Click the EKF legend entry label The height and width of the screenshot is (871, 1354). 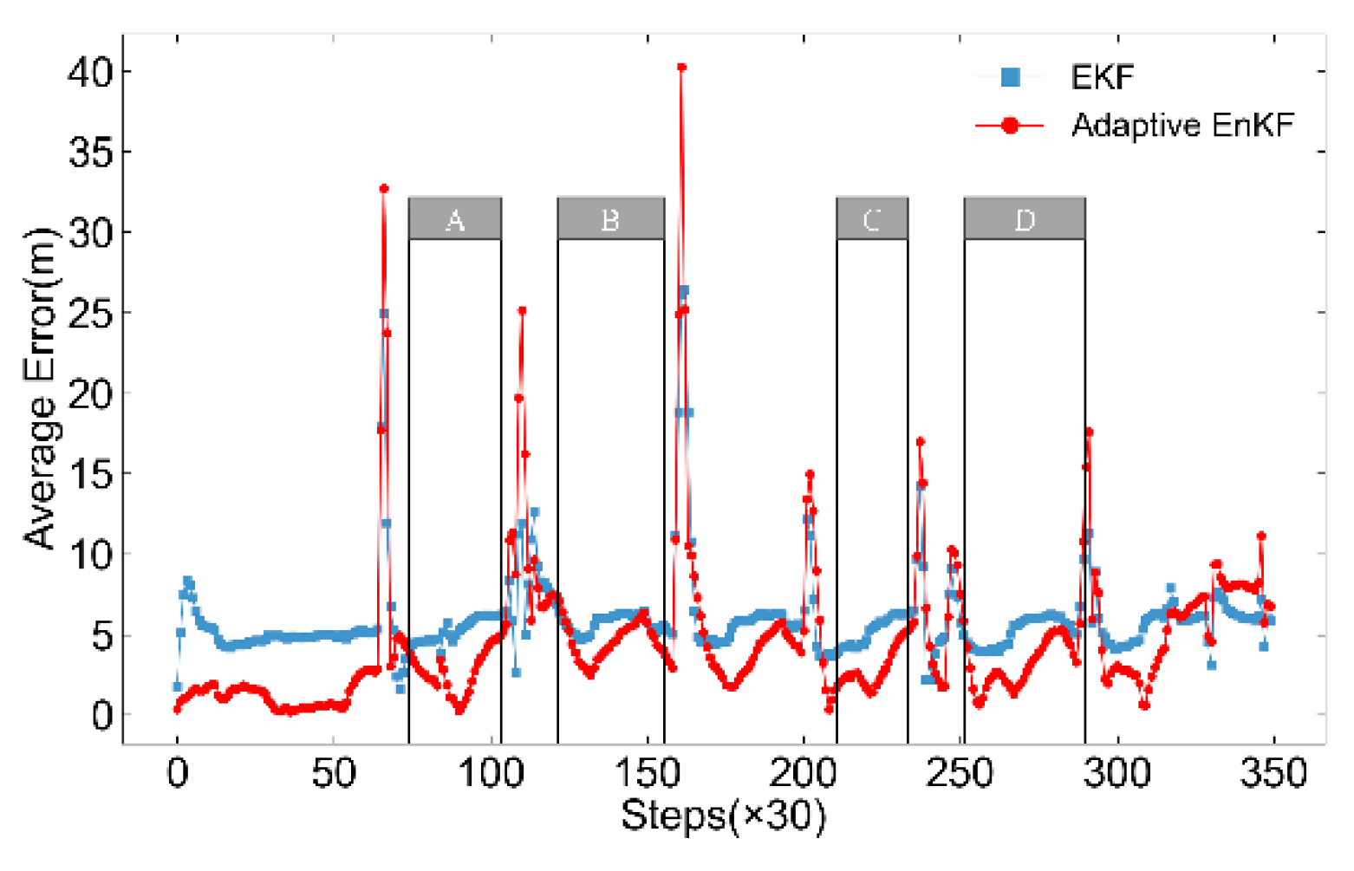tap(1102, 78)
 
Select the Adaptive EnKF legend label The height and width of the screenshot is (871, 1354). tap(1182, 126)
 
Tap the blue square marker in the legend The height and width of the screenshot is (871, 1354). tap(1010, 78)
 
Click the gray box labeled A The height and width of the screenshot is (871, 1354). tap(454, 218)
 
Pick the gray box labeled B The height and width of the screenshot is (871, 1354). tap(610, 218)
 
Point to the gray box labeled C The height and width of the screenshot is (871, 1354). tap(872, 218)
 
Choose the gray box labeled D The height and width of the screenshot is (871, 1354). tap(1025, 218)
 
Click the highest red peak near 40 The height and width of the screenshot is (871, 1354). tap(681, 67)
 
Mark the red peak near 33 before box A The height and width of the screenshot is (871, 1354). tap(383, 188)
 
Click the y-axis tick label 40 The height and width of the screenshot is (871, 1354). tap(90, 71)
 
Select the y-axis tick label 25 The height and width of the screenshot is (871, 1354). tap(90, 313)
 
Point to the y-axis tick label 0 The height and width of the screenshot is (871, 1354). tap(102, 715)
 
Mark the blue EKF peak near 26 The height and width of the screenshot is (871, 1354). tap(684, 290)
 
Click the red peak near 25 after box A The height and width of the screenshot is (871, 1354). tap(522, 310)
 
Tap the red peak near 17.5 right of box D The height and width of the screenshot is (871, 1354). tap(1089, 432)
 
